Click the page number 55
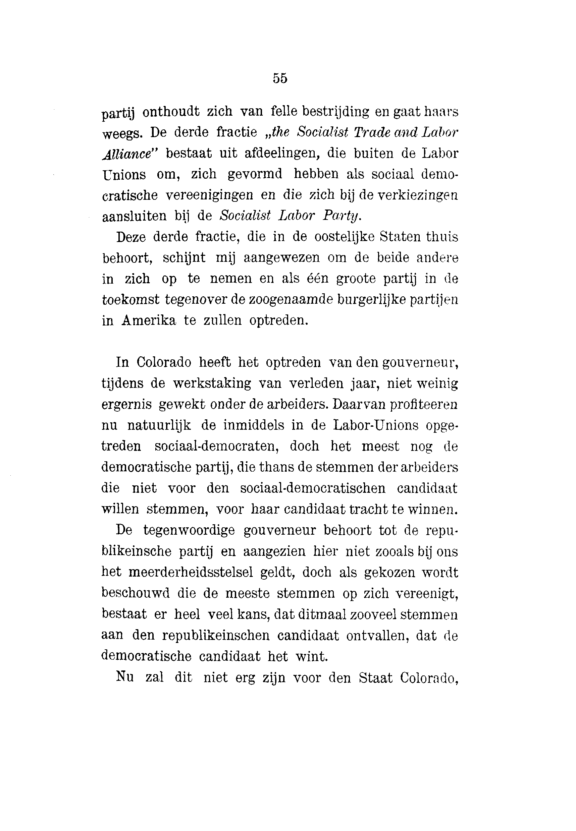tap(280, 78)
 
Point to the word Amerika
tap(149, 320)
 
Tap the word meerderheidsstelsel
tap(191, 572)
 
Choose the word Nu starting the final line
tap(125, 677)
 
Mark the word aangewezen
tap(277, 258)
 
